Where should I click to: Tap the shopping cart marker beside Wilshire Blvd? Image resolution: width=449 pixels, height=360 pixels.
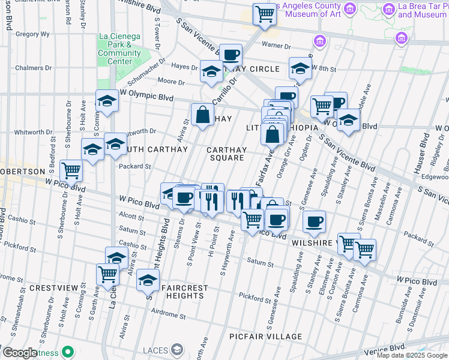[x=265, y=14]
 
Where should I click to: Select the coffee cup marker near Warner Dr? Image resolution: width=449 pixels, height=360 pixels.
[x=231, y=55]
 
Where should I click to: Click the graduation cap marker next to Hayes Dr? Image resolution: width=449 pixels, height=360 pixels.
[x=211, y=73]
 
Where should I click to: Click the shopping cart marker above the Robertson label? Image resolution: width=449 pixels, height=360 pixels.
[x=71, y=171]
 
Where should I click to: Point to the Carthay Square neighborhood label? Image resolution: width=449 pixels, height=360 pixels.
[x=226, y=154]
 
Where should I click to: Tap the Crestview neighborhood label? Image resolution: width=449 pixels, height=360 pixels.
[x=55, y=288]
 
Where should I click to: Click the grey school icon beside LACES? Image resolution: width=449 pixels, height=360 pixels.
[x=176, y=349]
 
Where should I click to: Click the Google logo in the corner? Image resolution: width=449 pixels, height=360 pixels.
[x=19, y=353]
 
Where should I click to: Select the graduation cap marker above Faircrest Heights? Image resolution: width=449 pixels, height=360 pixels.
[x=148, y=281]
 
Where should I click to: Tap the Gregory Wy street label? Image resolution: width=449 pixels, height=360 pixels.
[x=32, y=34]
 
